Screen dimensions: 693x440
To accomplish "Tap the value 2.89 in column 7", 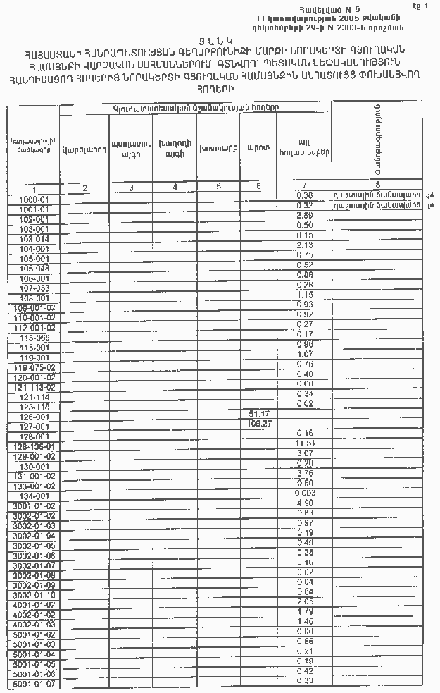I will pos(305,215).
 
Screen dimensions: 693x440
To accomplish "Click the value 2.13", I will pos(305,245).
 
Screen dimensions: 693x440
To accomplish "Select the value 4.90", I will pos(305,503).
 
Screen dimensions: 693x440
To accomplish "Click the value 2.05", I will pos(305,601).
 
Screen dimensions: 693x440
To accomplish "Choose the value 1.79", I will pos(305,612).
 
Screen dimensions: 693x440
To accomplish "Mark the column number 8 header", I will pos(378,184).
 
